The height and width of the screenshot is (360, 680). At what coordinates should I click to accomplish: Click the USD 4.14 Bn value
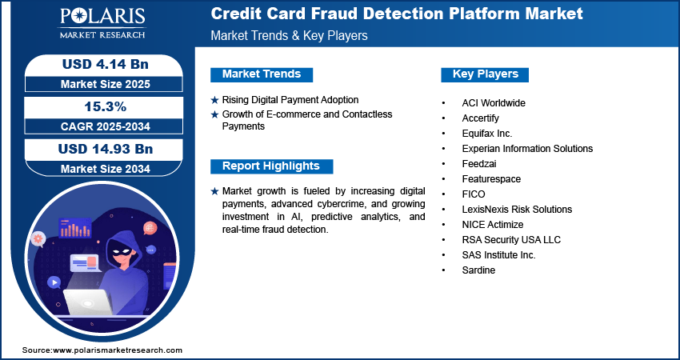(106, 64)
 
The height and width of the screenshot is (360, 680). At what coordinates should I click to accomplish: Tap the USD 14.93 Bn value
(106, 149)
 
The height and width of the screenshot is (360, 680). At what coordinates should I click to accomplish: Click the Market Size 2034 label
(106, 169)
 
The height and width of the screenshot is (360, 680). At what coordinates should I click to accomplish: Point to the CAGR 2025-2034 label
(106, 126)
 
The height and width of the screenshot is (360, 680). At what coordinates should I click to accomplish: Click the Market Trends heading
(262, 74)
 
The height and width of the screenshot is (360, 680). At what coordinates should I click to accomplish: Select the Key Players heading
(486, 74)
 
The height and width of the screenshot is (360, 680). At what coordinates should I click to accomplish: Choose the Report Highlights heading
(271, 166)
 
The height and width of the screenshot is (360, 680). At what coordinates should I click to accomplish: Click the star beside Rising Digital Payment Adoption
(214, 101)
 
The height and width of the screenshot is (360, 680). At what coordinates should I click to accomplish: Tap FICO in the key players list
(474, 194)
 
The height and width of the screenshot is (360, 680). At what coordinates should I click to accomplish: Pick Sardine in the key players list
(478, 270)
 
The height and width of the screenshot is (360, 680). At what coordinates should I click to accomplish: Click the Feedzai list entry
(479, 164)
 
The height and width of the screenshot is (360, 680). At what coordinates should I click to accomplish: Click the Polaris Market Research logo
(102, 22)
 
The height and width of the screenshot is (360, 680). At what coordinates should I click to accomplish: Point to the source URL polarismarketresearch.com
(118, 350)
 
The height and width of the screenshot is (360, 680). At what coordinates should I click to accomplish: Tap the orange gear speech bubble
(38, 238)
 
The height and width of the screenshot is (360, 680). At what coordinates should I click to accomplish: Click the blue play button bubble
(54, 283)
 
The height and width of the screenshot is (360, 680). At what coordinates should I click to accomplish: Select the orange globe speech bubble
(150, 227)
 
